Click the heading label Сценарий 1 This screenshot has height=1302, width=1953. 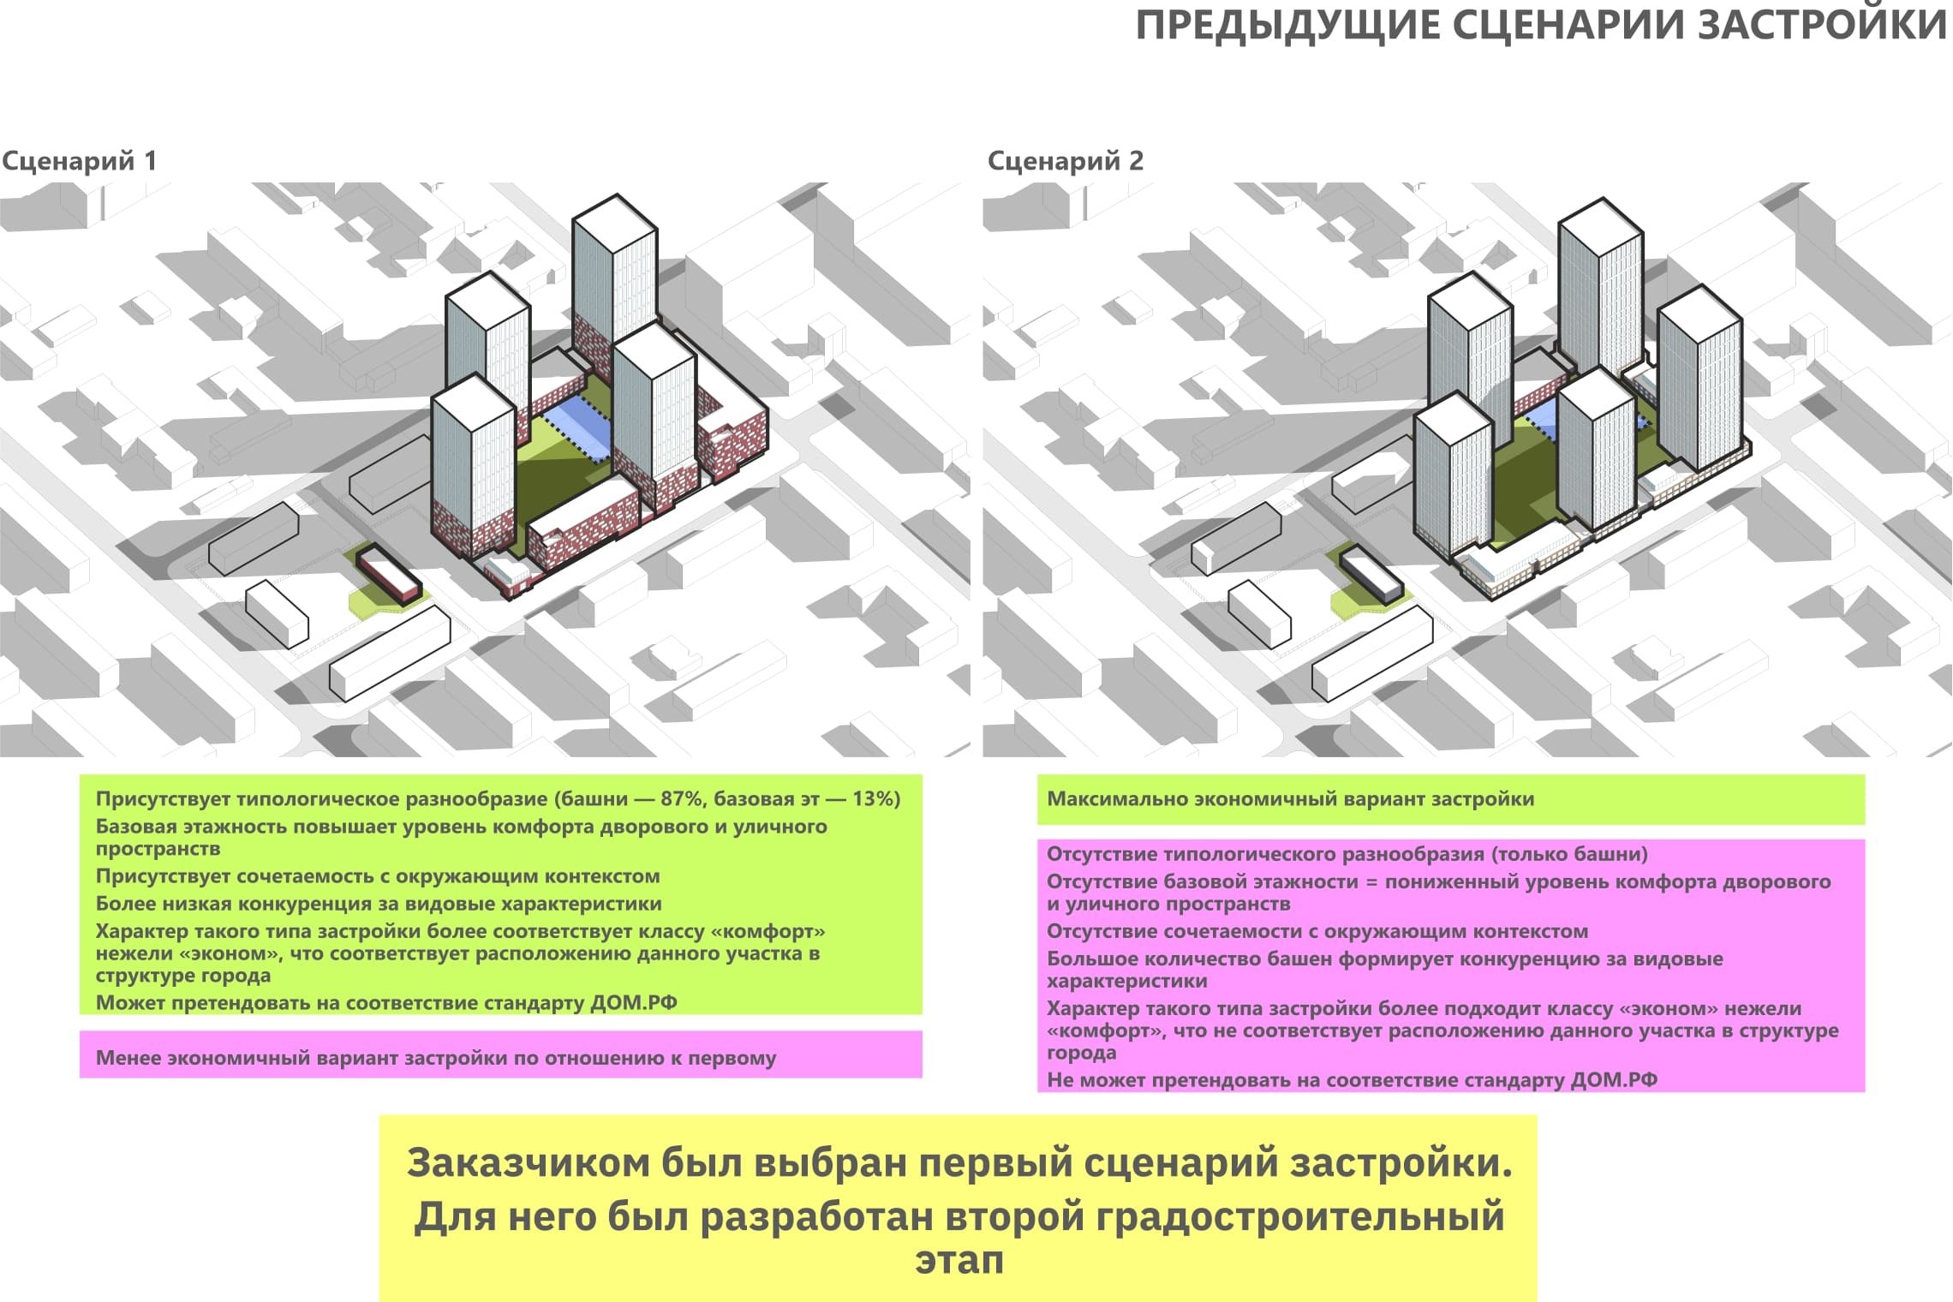(x=79, y=161)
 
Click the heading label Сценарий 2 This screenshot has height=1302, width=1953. (x=1065, y=161)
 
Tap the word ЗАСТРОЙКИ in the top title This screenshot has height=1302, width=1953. (x=1822, y=26)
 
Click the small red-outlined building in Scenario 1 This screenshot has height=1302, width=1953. (x=389, y=573)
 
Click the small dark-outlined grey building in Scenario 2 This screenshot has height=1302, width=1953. (x=1371, y=575)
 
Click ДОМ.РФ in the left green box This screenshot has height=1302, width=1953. (x=633, y=1003)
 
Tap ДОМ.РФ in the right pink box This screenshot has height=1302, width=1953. (x=1614, y=1080)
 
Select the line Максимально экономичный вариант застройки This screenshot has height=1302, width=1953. (x=1290, y=799)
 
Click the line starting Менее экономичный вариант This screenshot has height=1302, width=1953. (x=435, y=1058)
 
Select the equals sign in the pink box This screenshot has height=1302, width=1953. (x=1371, y=882)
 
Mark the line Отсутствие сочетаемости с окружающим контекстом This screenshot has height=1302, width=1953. (x=1317, y=931)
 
